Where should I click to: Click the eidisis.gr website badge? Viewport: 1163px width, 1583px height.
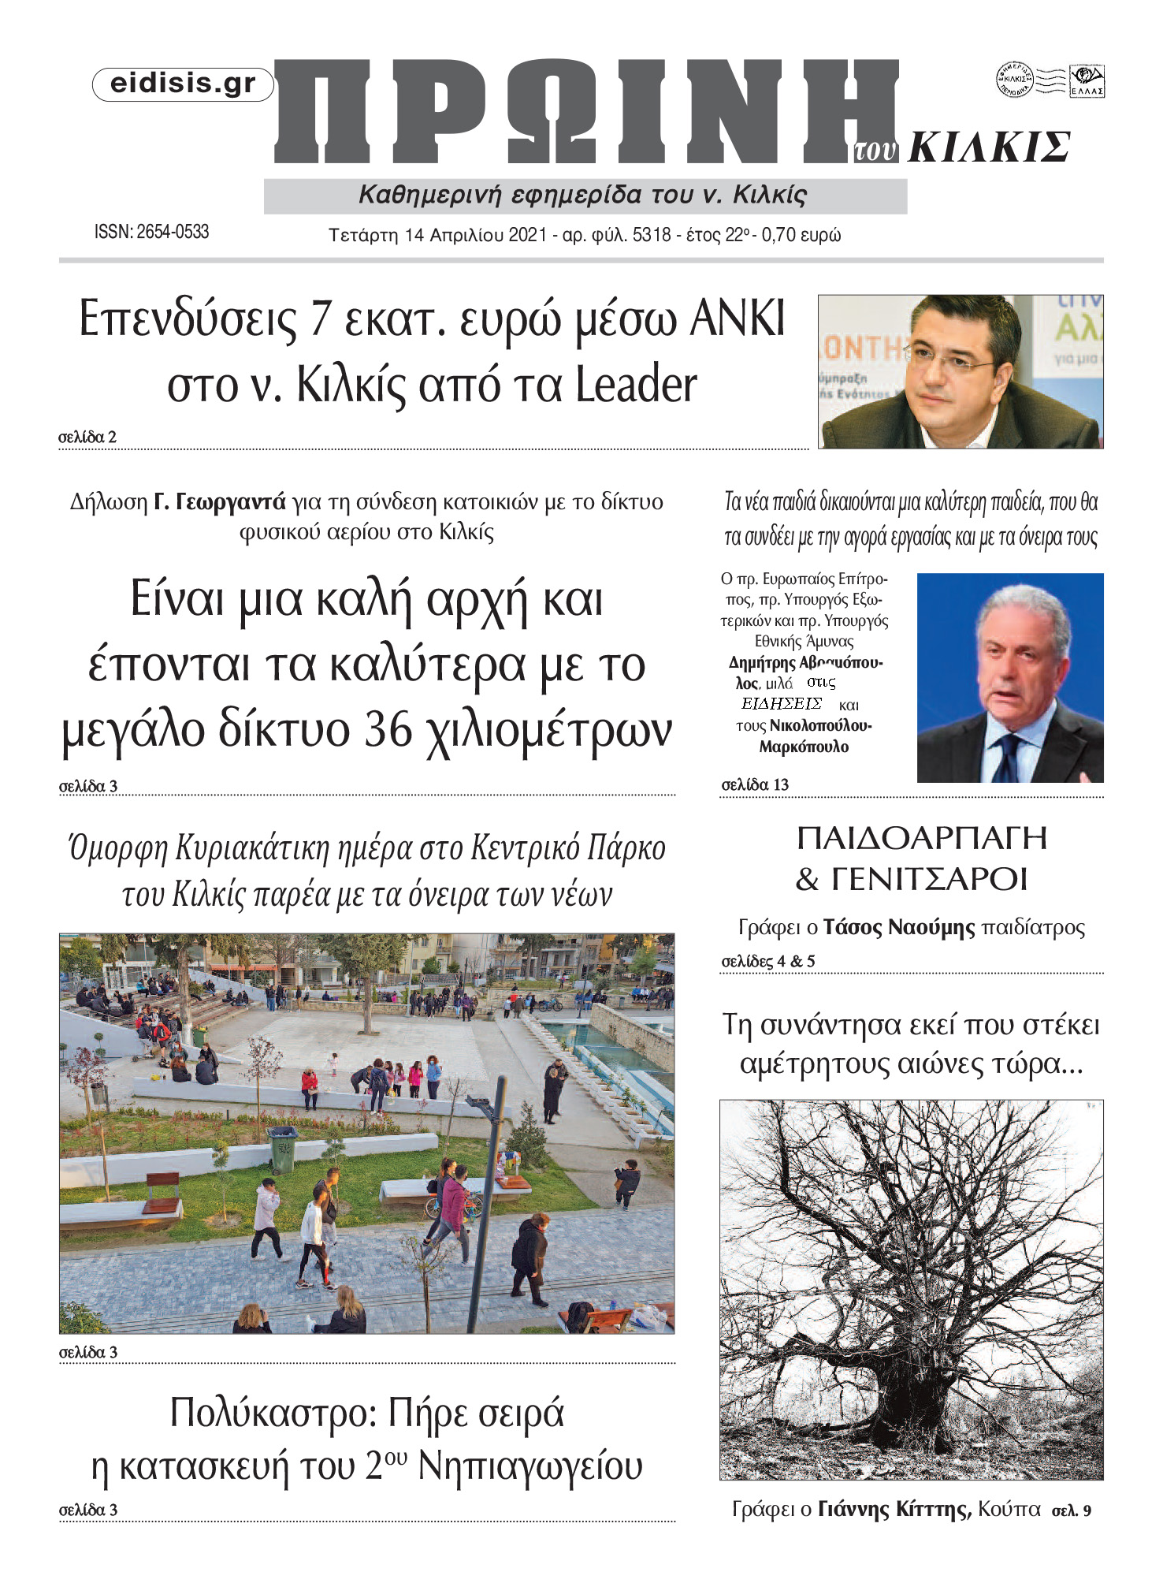pyautogui.click(x=183, y=84)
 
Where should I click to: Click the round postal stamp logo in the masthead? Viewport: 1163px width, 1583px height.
pyautogui.click(x=1014, y=80)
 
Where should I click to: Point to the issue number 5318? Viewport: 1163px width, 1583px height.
pyautogui.click(x=652, y=236)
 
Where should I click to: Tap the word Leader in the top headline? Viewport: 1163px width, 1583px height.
pyautogui.click(x=636, y=386)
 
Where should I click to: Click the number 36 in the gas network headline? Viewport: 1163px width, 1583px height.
pyautogui.click(x=388, y=730)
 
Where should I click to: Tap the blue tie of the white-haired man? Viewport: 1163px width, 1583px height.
pyautogui.click(x=1007, y=758)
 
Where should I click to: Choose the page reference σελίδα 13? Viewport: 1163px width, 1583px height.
pyautogui.click(x=755, y=784)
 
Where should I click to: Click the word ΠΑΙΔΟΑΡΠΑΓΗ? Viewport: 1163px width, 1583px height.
pyautogui.click(x=922, y=838)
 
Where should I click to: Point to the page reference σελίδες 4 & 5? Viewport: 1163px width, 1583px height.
pyautogui.click(x=768, y=961)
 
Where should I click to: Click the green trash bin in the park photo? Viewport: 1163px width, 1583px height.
pyautogui.click(x=284, y=1150)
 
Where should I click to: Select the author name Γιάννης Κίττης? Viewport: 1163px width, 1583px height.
pyautogui.click(x=893, y=1510)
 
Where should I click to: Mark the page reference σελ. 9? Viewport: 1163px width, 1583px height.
pyautogui.click(x=1072, y=1511)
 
